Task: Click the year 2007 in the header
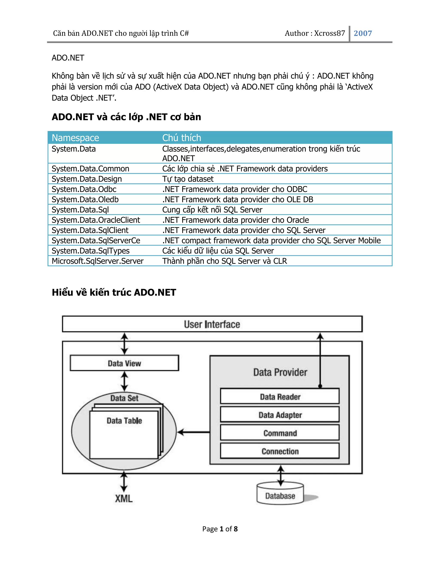(x=363, y=33)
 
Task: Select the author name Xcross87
(x=330, y=33)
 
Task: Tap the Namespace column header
(x=75, y=138)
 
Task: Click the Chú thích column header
(x=182, y=138)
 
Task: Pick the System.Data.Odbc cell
(x=84, y=189)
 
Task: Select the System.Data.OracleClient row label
(x=96, y=220)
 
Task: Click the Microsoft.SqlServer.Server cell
(x=98, y=261)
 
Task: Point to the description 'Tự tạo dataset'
(x=188, y=179)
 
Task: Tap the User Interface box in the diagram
(x=212, y=324)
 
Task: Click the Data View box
(x=124, y=363)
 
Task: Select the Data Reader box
(x=280, y=397)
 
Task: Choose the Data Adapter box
(x=280, y=415)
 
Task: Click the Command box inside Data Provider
(x=280, y=433)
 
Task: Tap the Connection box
(x=280, y=451)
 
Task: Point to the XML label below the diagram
(x=124, y=499)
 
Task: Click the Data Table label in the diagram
(x=124, y=420)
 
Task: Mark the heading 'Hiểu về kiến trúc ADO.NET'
(x=114, y=292)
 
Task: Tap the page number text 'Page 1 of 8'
(x=220, y=529)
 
